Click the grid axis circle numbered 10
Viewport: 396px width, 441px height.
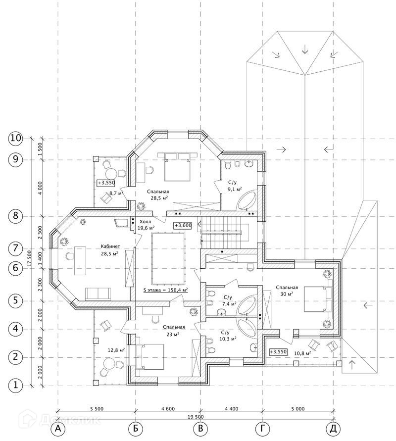pos(15,139)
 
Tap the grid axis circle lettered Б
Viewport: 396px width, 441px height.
pos(136,429)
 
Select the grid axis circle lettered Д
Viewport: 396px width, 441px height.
pos(333,429)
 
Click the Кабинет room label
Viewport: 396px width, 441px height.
pos(110,246)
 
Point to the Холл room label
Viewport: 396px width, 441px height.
pos(144,222)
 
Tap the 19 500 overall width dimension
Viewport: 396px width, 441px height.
pos(196,417)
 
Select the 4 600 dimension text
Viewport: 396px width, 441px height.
pos(168,409)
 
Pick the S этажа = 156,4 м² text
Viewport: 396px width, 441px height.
pos(166,290)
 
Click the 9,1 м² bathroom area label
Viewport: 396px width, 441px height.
pos(235,189)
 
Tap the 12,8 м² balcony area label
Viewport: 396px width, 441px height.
pos(116,350)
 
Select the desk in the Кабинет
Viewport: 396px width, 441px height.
pos(80,261)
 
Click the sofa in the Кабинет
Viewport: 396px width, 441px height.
pos(98,294)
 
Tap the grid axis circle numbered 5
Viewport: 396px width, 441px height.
pos(15,300)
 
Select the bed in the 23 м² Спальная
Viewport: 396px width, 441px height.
pos(150,356)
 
